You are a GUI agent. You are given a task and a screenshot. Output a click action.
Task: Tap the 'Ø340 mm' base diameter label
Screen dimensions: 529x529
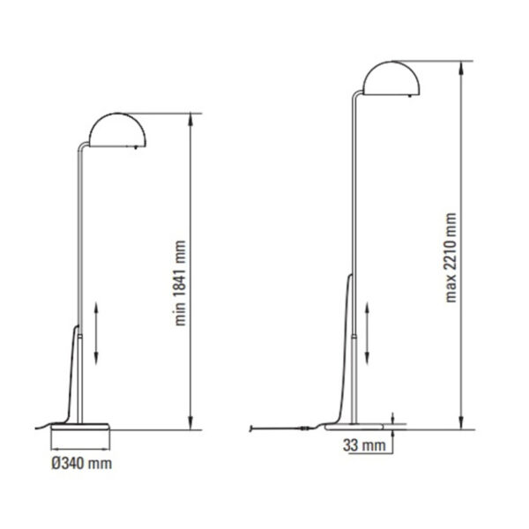[82, 461]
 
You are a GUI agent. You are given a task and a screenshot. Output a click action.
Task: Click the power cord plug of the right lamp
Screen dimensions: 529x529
[253, 428]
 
